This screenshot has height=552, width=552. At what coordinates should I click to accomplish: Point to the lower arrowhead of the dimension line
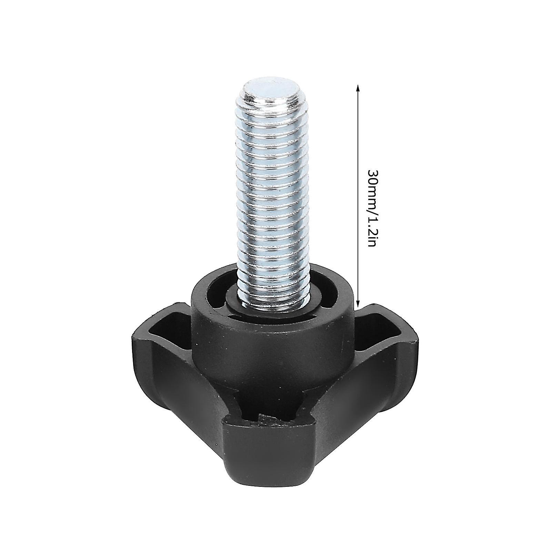point(358,305)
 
